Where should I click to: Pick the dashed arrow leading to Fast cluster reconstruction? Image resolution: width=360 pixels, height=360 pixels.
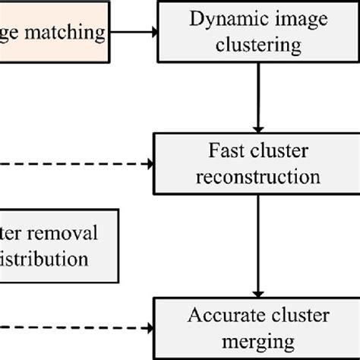pos(76,163)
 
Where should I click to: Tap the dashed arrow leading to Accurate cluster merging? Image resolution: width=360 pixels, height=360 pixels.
pos(76,327)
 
